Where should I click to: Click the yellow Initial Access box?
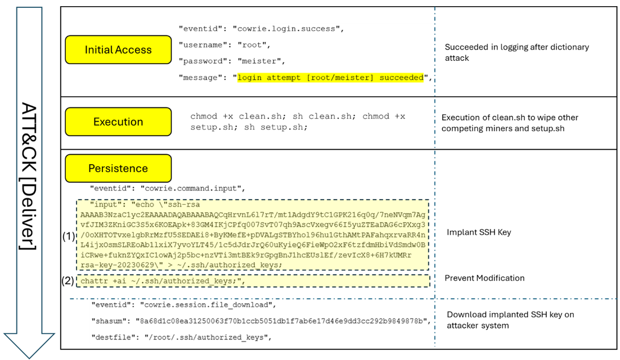click(x=118, y=49)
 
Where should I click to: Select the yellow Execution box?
click(x=118, y=121)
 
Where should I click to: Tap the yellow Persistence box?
click(x=118, y=168)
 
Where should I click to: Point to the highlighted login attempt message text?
click(x=330, y=78)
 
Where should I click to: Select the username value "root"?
click(x=253, y=44)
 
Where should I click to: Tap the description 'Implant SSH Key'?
click(x=479, y=232)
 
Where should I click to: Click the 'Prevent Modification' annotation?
click(x=484, y=278)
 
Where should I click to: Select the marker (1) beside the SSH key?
click(x=69, y=237)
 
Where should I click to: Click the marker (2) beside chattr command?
click(x=69, y=281)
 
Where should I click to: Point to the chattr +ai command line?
click(x=163, y=281)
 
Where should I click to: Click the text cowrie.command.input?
click(x=191, y=188)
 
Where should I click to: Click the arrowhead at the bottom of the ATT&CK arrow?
click(x=29, y=344)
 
